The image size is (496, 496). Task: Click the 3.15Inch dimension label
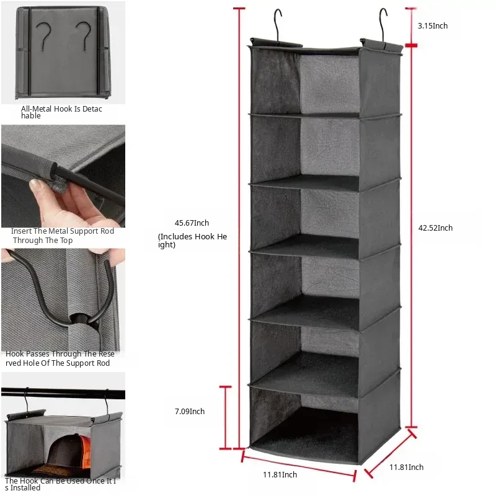[x=432, y=26]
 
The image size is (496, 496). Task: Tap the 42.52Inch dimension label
[x=435, y=228]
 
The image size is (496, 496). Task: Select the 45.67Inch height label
[x=192, y=223]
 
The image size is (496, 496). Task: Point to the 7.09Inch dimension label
[x=190, y=412]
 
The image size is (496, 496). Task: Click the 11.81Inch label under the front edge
[x=280, y=475]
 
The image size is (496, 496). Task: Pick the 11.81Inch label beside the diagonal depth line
[x=406, y=467]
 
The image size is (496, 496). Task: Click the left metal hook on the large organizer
[x=278, y=25]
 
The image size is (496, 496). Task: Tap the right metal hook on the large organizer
[x=383, y=25]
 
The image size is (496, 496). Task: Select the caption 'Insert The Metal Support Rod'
[x=63, y=231]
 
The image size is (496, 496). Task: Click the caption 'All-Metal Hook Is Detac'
[x=61, y=109]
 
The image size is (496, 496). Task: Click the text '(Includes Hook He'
[x=192, y=237]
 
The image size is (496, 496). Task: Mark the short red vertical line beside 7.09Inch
[x=225, y=417]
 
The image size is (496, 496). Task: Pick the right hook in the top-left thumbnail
[x=84, y=35]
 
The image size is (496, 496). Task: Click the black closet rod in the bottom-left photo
[x=63, y=394]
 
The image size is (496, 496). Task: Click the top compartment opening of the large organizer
[x=305, y=82]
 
